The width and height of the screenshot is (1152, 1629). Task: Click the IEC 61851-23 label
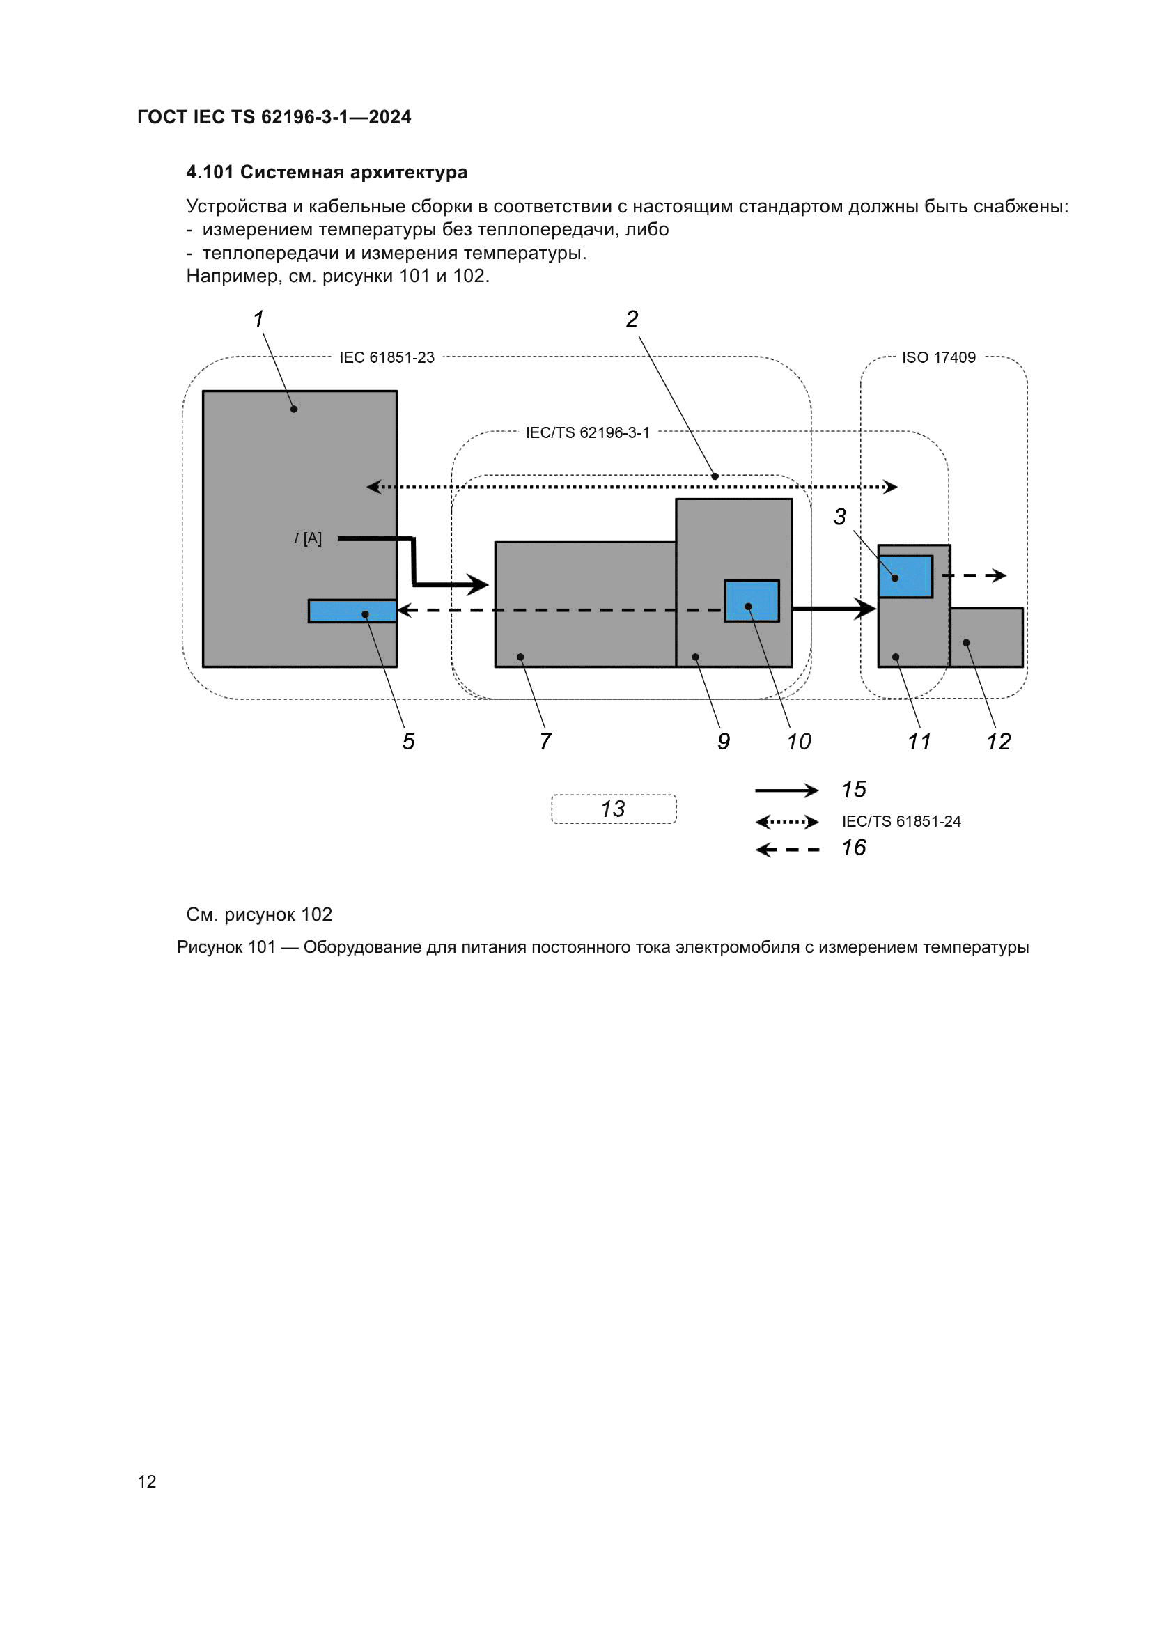pos(387,357)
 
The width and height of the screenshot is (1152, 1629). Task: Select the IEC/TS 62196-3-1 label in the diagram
pos(587,432)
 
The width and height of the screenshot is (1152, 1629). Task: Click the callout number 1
pos(259,319)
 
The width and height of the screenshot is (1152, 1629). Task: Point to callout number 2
pos(631,319)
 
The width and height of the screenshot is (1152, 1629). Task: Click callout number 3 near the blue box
pos(839,517)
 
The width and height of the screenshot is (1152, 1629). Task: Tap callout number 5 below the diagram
pos(408,742)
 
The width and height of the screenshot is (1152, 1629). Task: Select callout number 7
pos(545,742)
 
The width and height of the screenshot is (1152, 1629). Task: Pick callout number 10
pos(799,742)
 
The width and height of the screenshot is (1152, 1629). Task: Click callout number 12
pos(998,742)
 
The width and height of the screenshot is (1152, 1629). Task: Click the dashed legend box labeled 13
pos(614,809)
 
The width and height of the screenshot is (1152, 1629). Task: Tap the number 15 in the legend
pos(853,790)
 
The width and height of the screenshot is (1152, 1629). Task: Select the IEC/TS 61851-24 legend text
pos(901,822)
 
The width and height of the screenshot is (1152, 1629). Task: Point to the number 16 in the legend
pos(853,848)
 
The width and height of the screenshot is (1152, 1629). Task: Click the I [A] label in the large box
pos(308,538)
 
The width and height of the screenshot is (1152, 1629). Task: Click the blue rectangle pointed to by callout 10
pos(752,601)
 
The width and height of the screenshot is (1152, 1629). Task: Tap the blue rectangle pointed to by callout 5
pos(352,611)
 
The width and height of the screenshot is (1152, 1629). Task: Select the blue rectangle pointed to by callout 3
pos(905,576)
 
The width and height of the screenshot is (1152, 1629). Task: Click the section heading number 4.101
pos(210,173)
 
